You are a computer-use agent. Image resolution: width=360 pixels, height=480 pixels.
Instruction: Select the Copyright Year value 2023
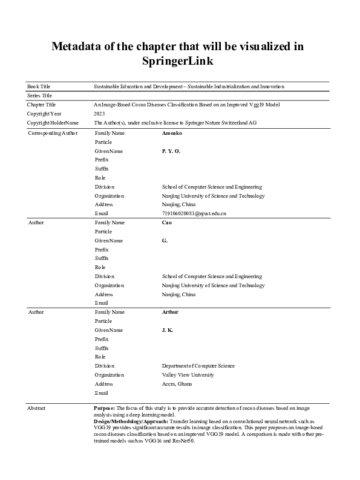[x=99, y=114]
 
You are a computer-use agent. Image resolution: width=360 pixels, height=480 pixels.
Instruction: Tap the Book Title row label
[x=39, y=87]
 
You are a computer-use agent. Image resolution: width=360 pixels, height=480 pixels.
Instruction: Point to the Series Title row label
[x=40, y=96]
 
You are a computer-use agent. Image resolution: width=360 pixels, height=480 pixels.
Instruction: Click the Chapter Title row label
[x=42, y=105]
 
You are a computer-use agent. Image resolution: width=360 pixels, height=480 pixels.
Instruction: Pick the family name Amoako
[x=172, y=132]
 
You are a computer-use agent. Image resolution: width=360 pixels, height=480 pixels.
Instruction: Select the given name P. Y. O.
[x=171, y=151]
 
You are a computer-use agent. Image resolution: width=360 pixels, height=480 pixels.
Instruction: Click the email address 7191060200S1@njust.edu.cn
[x=194, y=213]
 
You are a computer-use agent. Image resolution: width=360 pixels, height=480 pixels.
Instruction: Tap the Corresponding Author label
[x=53, y=132]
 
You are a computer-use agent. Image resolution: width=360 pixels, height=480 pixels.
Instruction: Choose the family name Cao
[x=167, y=222]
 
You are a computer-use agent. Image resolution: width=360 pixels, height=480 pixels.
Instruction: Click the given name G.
[x=165, y=241]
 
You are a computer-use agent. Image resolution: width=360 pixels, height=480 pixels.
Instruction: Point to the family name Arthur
[x=170, y=312]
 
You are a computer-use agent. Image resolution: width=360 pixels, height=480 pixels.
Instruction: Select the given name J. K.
[x=168, y=330]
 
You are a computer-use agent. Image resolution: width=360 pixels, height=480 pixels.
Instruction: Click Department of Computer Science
[x=198, y=366]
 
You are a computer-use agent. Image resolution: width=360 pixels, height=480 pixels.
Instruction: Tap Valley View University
[x=188, y=375]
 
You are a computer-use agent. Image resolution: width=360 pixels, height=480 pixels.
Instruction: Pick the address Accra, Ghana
[x=177, y=384]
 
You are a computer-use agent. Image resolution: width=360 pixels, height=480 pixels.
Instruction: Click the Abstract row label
[x=37, y=409]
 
